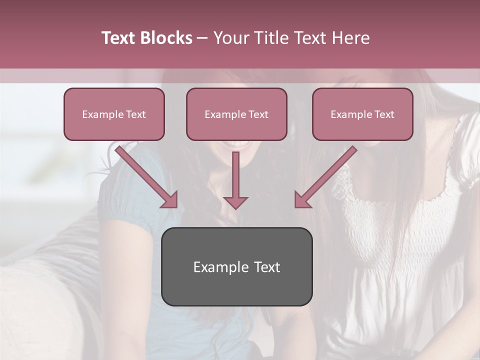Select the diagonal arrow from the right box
pos(329,172)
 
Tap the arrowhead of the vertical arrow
pos(235,202)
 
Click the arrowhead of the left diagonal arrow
pos(170,199)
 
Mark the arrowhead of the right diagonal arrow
pos(302,199)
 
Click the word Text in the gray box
pos(267,267)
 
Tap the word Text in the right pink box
pos(384,114)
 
